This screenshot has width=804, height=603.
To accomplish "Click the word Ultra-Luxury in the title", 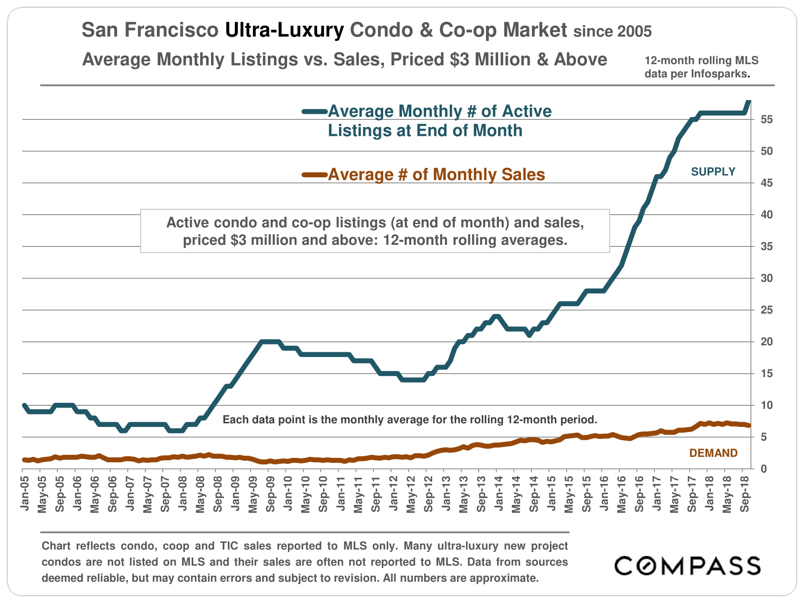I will tap(284, 30).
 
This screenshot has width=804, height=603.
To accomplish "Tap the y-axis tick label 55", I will tap(767, 119).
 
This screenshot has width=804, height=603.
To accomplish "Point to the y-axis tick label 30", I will tap(767, 278).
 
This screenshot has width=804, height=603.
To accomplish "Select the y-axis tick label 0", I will tap(763, 469).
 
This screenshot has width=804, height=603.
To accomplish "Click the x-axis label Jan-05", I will tap(25, 493).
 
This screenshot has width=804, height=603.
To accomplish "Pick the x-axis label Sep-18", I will tap(745, 494).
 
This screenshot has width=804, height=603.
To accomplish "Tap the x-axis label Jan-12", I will tap(394, 493).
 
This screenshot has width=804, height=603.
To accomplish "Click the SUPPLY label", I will tap(713, 172).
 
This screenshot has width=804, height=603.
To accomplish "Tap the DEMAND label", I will tap(714, 453).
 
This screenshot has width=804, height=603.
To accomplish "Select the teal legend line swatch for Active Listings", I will tap(315, 112).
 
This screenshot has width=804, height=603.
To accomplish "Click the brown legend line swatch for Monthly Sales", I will tap(315, 174).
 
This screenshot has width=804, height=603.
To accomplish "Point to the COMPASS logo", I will tap(687, 566).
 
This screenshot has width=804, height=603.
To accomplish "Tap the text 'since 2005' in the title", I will tap(612, 31).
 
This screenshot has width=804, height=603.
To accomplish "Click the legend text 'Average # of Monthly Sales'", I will tap(436, 174).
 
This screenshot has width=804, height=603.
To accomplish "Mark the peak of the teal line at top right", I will tap(748, 101).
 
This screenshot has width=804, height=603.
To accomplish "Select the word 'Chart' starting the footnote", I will tap(56, 546).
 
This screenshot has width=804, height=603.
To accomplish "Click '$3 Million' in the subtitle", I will tap(490, 59).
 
